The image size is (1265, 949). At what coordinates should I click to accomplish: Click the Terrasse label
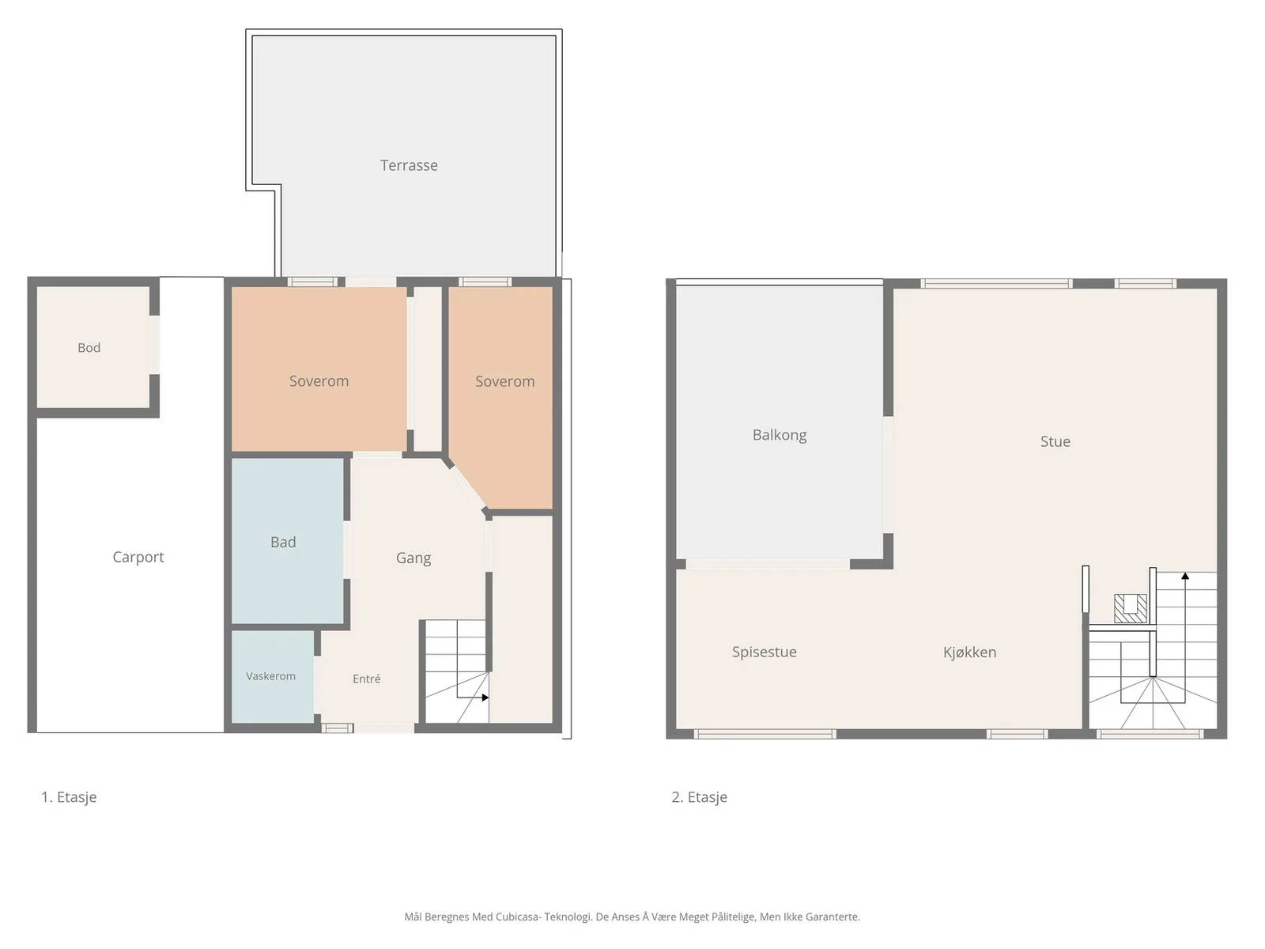409,165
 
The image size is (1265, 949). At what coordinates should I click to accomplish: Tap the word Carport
138,558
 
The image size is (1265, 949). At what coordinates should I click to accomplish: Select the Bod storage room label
89,347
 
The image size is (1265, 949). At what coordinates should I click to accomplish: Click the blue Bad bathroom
288,541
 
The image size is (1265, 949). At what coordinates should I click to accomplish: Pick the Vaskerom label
271,676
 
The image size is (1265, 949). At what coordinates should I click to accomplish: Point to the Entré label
367,679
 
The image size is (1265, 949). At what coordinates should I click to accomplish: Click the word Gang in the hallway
413,558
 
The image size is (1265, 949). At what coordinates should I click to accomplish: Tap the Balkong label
780,435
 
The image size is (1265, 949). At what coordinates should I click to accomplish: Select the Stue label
1055,441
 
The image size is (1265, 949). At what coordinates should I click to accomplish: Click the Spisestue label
765,652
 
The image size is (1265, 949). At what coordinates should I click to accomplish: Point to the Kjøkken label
969,652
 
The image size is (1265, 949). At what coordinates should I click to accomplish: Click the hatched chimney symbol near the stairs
1130,608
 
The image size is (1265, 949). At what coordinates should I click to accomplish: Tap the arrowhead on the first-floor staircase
485,698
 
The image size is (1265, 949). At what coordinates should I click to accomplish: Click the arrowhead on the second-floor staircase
1185,576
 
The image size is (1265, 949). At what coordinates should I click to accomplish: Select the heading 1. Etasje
69,797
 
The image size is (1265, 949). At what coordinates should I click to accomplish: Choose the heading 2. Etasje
700,797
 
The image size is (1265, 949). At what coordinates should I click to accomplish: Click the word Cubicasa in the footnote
519,917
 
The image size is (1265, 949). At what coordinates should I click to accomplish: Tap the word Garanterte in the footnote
832,917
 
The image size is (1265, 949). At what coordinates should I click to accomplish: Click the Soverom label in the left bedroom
319,381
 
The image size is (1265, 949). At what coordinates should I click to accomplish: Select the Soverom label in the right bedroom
505,381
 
